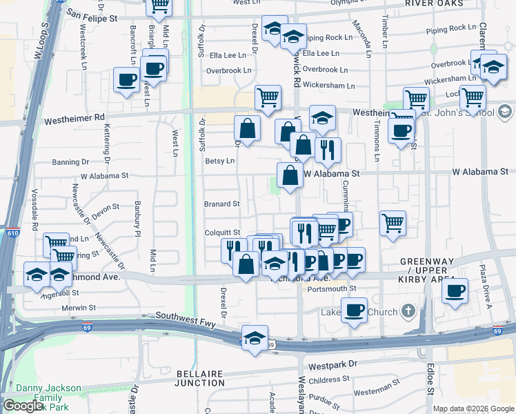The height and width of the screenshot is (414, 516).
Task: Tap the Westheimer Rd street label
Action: click(74, 119)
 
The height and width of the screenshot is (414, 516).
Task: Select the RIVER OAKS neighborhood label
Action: click(433, 3)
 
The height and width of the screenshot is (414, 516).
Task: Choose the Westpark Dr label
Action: click(334, 363)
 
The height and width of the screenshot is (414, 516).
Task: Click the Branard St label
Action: click(222, 204)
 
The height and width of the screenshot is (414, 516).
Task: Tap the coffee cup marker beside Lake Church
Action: click(354, 310)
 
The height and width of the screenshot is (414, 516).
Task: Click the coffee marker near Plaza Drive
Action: click(454, 290)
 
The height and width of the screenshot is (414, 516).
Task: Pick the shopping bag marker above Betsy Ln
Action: click(247, 128)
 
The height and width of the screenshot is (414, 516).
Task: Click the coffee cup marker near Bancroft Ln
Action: click(127, 80)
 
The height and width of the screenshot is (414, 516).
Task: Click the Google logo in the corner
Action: click(23, 405)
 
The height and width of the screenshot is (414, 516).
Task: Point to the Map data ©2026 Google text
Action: click(473, 408)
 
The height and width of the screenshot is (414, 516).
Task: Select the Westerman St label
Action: click(377, 391)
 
